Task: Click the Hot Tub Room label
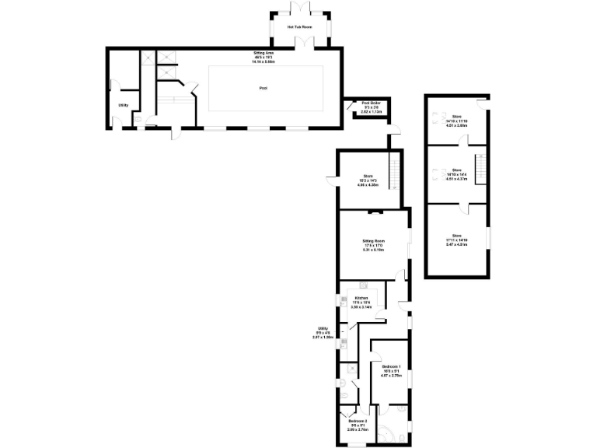tap(298, 27)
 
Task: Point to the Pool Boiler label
tap(370, 102)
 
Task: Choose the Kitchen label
tap(361, 299)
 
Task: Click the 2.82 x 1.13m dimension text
tap(370, 111)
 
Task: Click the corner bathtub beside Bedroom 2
tap(398, 431)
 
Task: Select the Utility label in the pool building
tap(123, 105)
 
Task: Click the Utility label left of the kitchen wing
tap(323, 328)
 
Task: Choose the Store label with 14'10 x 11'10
tap(456, 117)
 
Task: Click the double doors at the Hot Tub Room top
tap(298, 9)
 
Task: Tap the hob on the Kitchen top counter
tap(363, 286)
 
